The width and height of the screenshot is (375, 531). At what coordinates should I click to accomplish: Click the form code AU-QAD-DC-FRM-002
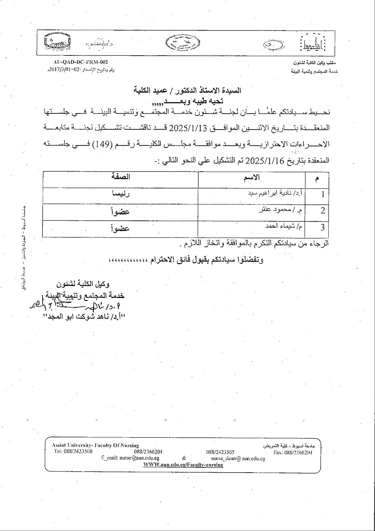pyautogui.click(x=81, y=62)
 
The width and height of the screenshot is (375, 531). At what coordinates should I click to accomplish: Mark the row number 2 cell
pyautogui.click(x=323, y=211)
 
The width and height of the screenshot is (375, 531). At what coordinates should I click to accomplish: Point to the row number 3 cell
pyautogui.click(x=323, y=228)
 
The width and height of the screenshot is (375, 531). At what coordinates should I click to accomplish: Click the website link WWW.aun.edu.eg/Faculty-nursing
pyautogui.click(x=183, y=465)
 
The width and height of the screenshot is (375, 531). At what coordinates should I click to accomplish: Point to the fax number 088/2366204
pyautogui.click(x=293, y=452)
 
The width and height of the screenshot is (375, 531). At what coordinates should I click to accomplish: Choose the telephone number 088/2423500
pyautogui.click(x=73, y=452)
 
